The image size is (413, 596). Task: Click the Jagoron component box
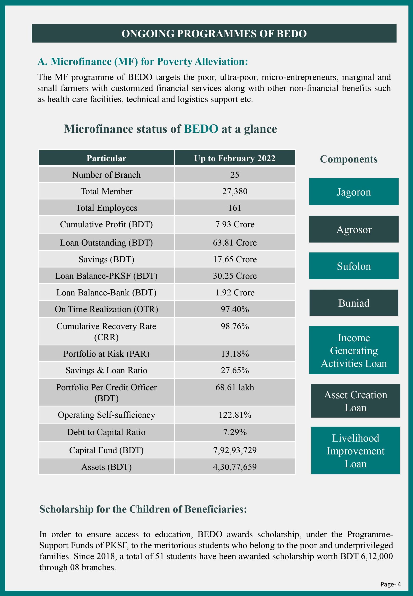point(354,192)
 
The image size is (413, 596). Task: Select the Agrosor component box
point(354,229)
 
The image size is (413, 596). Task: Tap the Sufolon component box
point(354,266)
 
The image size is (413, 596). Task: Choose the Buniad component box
point(354,303)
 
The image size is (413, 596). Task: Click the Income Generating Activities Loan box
point(354,350)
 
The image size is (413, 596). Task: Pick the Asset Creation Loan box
point(355,401)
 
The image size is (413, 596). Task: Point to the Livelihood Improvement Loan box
point(355,450)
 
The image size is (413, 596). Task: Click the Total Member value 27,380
point(234,191)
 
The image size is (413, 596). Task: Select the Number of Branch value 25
point(234,175)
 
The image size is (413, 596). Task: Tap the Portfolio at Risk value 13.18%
point(234,354)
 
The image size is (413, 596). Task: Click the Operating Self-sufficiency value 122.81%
point(234,415)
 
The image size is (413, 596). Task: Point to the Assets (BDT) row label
point(106,467)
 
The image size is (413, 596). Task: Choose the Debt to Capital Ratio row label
point(106,432)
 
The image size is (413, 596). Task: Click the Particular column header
point(106,158)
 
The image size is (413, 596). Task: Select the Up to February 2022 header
point(234,158)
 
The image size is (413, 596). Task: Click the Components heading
point(349,159)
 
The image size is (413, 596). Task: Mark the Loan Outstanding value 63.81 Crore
point(234,242)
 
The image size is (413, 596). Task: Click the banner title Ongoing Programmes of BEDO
point(214,34)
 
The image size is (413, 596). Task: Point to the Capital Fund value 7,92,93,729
point(234,450)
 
